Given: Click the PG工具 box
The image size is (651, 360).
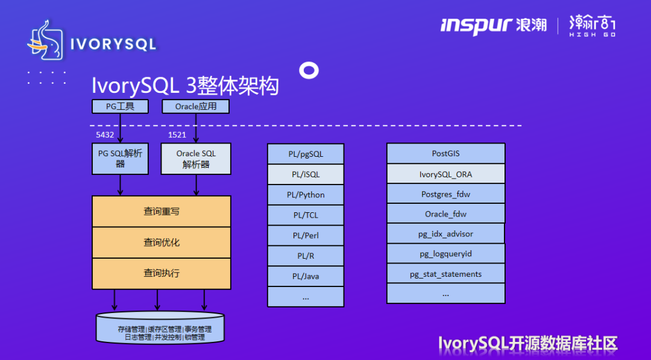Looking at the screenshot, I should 120,107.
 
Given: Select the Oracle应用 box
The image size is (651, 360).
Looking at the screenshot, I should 195,107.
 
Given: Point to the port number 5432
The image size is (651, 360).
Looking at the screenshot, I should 105,135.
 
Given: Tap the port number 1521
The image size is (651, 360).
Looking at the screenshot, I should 177,135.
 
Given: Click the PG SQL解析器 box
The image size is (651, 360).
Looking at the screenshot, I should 120,159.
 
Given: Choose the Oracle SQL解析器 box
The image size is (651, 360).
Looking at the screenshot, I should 195,159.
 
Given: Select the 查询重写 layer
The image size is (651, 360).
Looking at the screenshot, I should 161,212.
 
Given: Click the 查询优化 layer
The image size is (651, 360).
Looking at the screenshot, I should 161,242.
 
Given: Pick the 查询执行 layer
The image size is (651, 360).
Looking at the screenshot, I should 161,273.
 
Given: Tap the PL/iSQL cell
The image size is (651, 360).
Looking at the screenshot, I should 306,174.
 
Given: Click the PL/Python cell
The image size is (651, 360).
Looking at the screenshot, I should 306,195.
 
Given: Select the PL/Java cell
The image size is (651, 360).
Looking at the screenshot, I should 306,276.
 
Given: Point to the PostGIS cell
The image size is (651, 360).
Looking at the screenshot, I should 445,154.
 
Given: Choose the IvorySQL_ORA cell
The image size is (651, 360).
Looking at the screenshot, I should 445,174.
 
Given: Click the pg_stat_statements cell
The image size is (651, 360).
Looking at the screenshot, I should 445,274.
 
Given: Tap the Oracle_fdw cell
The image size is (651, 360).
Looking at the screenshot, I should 445,214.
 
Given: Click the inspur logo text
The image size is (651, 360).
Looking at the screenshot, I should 476,25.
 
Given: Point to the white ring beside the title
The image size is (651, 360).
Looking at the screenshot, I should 309,71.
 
